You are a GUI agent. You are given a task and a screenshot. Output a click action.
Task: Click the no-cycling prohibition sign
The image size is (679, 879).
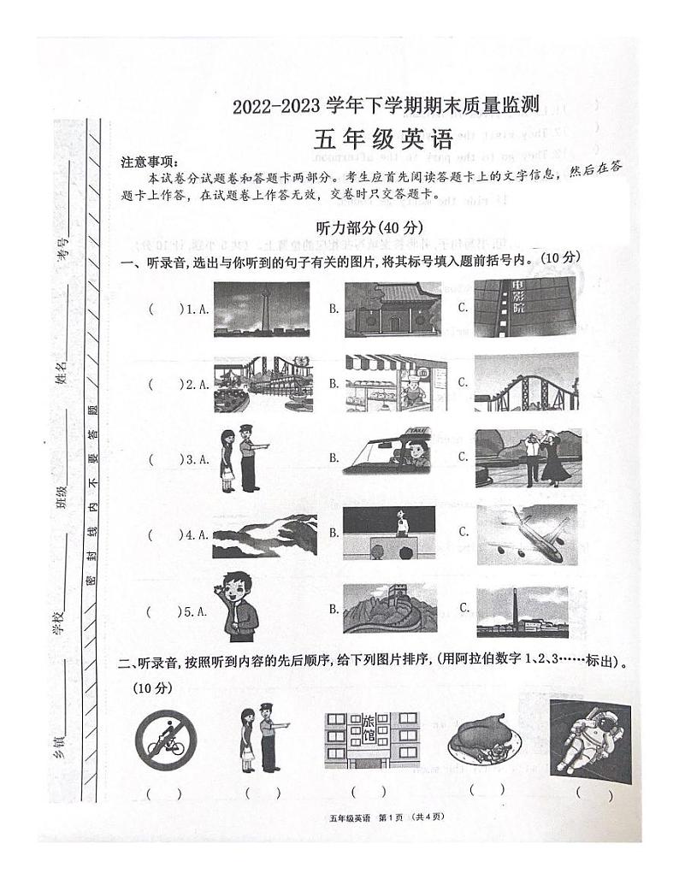click(x=165, y=740)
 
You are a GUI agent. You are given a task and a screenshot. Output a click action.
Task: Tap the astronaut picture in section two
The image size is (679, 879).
click(x=590, y=740)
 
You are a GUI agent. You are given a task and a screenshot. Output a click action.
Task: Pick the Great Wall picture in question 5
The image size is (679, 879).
click(x=390, y=609)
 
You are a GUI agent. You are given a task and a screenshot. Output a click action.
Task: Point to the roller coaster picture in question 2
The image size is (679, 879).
click(x=526, y=383)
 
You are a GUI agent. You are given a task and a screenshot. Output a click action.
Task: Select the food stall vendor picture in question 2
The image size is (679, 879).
click(x=392, y=384)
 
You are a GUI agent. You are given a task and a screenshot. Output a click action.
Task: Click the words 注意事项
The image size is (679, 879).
click(x=147, y=162)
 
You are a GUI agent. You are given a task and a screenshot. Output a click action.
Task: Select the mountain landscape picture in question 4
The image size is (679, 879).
click(x=263, y=534)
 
